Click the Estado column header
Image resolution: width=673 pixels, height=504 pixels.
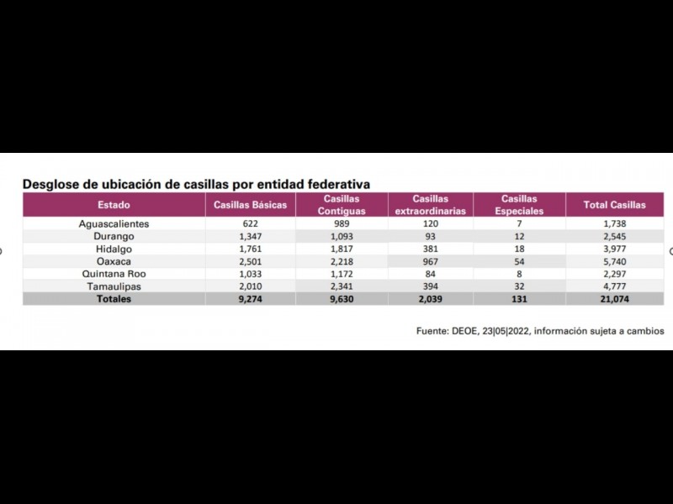(x=114, y=205)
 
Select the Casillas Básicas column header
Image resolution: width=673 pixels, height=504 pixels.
(x=251, y=205)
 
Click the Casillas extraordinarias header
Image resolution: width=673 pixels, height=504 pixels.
(x=430, y=205)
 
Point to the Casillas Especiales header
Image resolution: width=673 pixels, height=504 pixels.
(x=519, y=205)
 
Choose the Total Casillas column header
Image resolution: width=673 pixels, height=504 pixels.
(x=615, y=205)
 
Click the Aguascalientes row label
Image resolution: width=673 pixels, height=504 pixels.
(x=114, y=224)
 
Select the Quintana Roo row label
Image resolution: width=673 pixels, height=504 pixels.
(x=114, y=274)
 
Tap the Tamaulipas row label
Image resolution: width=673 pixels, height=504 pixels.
(x=114, y=286)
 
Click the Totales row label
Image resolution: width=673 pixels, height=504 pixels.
(x=114, y=299)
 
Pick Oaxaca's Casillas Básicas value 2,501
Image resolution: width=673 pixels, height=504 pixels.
(x=251, y=261)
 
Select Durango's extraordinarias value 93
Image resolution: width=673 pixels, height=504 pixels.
(x=430, y=237)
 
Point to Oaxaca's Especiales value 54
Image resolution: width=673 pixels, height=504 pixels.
(x=519, y=261)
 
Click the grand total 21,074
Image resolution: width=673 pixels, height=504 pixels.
(x=615, y=299)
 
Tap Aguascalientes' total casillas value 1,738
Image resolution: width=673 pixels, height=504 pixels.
(x=615, y=224)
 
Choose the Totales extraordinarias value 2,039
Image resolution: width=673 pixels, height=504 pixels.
(x=430, y=299)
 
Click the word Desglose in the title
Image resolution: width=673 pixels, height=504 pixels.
(x=53, y=183)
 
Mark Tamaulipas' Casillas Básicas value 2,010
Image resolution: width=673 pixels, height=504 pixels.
(x=251, y=286)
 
